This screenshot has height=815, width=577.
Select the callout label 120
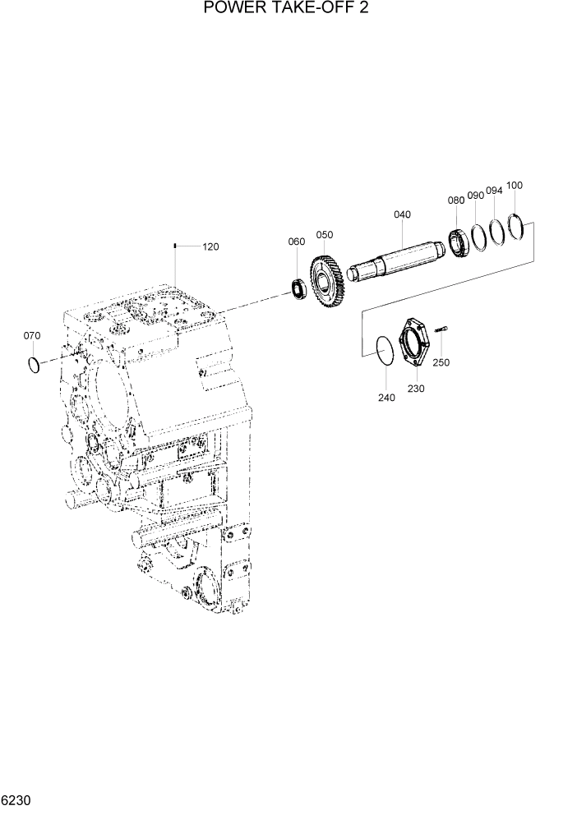[210, 246]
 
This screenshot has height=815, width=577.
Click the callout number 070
[31, 336]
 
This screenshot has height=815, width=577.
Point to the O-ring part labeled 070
[33, 364]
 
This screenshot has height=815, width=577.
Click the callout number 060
[296, 242]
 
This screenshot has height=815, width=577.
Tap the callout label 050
[325, 235]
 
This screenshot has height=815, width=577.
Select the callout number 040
[402, 214]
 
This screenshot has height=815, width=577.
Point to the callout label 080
[456, 200]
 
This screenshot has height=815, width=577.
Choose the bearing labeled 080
[459, 243]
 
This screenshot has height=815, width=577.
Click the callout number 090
[476, 196]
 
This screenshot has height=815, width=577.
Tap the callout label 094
[494, 191]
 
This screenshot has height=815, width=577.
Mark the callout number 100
[515, 186]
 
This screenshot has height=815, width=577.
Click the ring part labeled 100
[515, 226]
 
